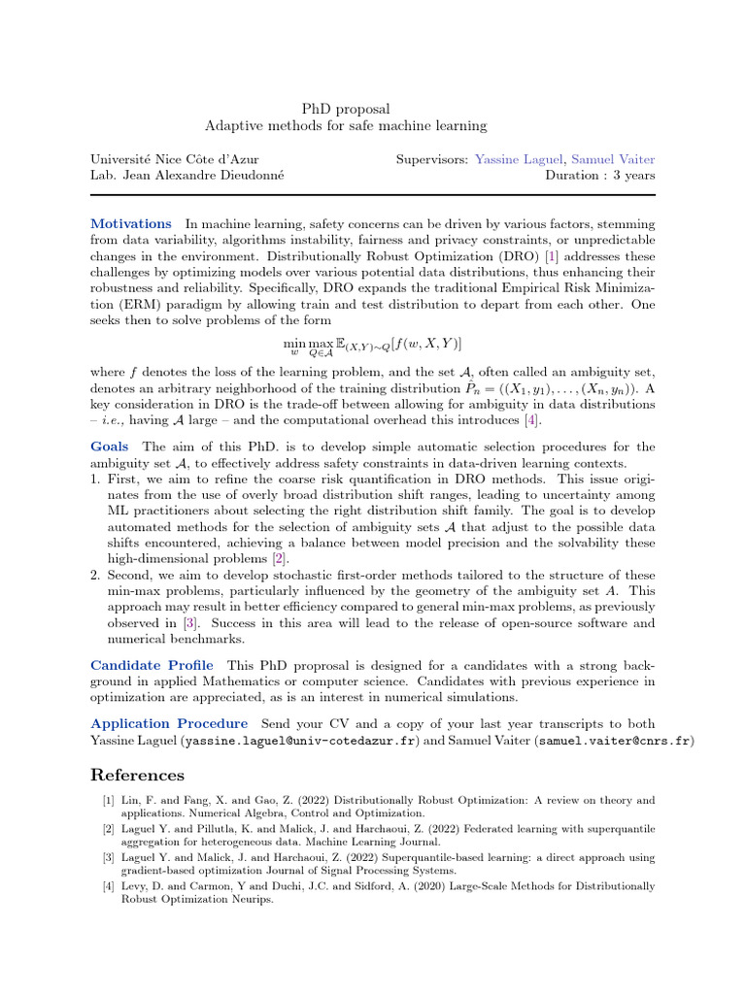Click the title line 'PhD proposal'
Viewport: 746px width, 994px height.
pyautogui.click(x=345, y=110)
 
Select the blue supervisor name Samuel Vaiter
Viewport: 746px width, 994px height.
pyautogui.click(x=612, y=159)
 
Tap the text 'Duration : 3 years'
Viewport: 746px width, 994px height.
pyautogui.click(x=600, y=176)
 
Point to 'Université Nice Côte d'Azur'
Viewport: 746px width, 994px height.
pyautogui.click(x=175, y=159)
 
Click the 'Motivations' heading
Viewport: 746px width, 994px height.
pyautogui.click(x=130, y=224)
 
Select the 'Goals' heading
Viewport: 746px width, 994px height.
pyautogui.click(x=109, y=447)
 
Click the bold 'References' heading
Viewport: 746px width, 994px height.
pyautogui.click(x=137, y=776)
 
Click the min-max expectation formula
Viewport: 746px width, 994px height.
pyautogui.click(x=372, y=345)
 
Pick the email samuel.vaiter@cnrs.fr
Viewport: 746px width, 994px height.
pyautogui.click(x=614, y=741)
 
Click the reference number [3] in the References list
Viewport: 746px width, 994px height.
pyautogui.click(x=107, y=858)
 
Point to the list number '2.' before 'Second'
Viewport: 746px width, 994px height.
pyautogui.click(x=95, y=575)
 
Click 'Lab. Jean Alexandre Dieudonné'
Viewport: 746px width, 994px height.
pyautogui.click(x=181, y=176)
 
